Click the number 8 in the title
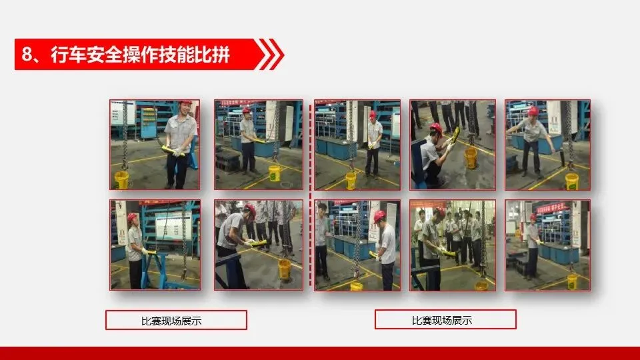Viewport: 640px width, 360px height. point(27,54)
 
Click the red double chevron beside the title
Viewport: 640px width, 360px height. point(269,54)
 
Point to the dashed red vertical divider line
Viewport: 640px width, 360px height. point(310,195)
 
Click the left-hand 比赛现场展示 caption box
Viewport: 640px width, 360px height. point(176,320)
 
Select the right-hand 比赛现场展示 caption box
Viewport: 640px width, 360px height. point(445,319)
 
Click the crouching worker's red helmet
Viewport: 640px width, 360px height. point(436,128)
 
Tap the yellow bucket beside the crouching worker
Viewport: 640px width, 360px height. point(471,158)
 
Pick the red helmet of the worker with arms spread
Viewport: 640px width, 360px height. point(533,111)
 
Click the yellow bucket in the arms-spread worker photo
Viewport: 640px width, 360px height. point(571,182)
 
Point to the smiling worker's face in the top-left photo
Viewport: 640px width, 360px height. point(185,109)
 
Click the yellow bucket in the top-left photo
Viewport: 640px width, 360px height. point(121,180)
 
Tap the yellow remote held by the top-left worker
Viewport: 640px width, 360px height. point(171,150)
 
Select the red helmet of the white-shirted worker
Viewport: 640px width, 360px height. point(379,216)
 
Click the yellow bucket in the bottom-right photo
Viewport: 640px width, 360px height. point(572,281)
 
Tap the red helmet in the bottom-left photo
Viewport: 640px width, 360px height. point(132,217)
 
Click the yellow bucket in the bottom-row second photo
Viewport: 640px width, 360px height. point(284,269)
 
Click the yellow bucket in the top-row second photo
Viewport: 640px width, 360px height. point(275,173)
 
